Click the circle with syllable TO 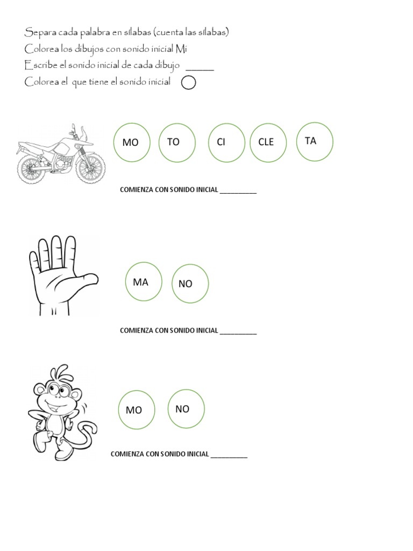[x=177, y=142]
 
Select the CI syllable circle [x=226, y=142]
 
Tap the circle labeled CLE [x=268, y=142]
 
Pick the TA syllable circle [x=315, y=142]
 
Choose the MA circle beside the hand [x=144, y=282]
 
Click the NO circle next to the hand [x=190, y=283]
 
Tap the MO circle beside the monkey [x=137, y=409]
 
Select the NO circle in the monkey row [x=186, y=408]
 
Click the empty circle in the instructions [x=189, y=83]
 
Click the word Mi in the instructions [x=182, y=50]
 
